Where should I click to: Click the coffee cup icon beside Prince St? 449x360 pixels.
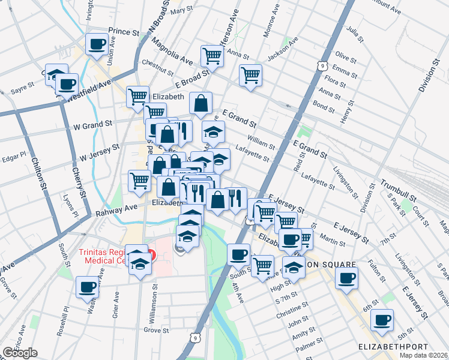click(x=97, y=44)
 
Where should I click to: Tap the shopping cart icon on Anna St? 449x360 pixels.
click(x=212, y=56)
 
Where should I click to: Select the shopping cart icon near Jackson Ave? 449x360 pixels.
click(x=250, y=75)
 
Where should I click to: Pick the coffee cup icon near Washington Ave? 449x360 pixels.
click(x=87, y=286)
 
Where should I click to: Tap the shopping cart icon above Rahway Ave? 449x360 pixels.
click(x=139, y=179)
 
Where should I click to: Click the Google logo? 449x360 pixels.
click(x=20, y=353)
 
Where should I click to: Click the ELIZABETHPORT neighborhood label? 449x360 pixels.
click(x=393, y=347)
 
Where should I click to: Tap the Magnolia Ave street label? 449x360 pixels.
click(x=172, y=52)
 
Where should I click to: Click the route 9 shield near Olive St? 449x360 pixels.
click(x=323, y=65)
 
